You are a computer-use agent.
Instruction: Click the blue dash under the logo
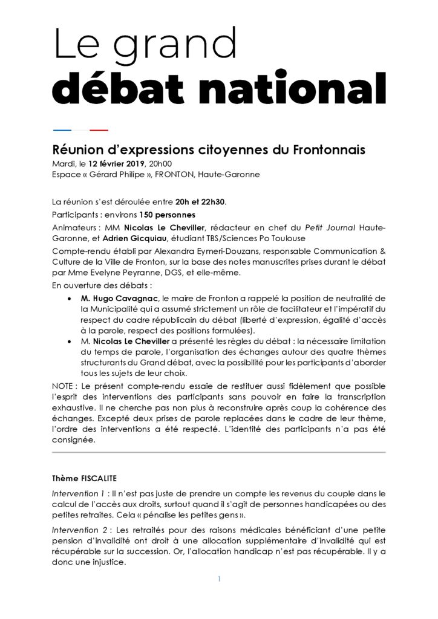[62, 130]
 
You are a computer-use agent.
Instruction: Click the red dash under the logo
[99, 130]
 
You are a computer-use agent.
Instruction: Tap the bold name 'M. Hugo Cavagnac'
[119, 299]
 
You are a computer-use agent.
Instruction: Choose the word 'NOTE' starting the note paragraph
[63, 385]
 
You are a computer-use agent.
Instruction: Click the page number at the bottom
[219, 578]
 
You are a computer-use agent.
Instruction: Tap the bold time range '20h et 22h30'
[200, 201]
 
